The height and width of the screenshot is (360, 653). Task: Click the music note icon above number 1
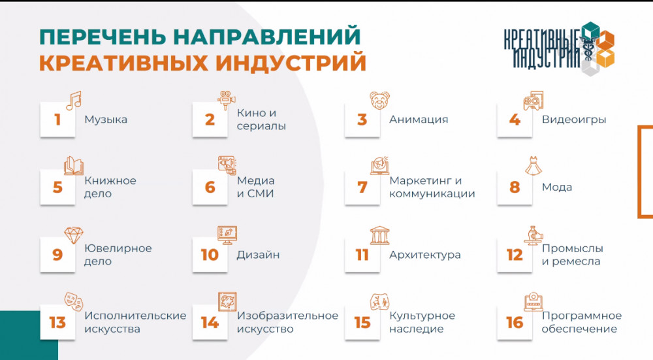pos(73,101)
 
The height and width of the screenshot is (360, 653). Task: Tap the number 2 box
pos(210,120)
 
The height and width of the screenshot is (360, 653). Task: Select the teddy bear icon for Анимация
pos(379,101)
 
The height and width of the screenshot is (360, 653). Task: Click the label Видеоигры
pos(573,120)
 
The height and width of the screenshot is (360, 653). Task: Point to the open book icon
pos(74,166)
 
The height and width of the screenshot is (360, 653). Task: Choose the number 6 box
pos(210,187)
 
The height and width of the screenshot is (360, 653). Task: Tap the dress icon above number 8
pos(533,165)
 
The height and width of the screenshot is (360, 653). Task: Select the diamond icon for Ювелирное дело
pos(74,235)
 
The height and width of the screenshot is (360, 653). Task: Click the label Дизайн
pos(258,255)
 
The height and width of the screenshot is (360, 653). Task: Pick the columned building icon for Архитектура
pos(379,235)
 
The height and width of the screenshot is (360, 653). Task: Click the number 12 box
pos(515,255)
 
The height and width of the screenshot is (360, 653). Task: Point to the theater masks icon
pos(74,301)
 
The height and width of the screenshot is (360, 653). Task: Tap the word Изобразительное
pos(287,316)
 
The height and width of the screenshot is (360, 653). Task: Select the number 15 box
pos(362,322)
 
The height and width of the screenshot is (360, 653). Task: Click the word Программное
pos(581,316)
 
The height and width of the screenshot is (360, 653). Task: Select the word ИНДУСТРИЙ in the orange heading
pos(291,63)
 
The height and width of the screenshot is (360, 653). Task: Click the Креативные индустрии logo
pos(559,49)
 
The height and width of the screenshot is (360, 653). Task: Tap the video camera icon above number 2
pos(226,100)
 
